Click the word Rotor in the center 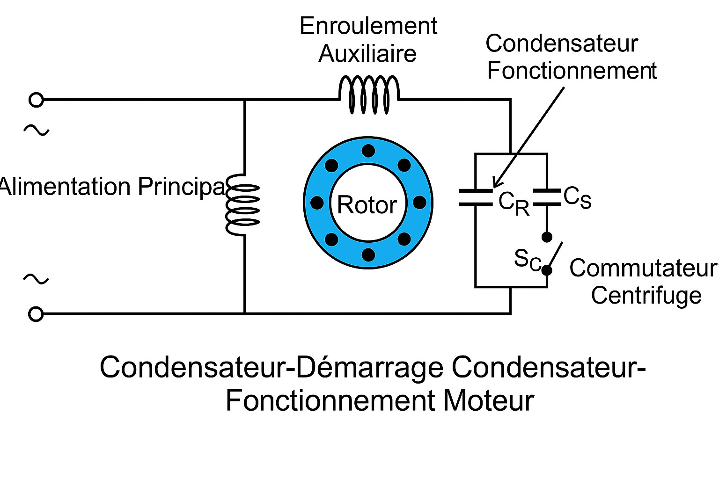pos(367,205)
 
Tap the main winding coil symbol pos(242,205)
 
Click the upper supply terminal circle pos(36,100)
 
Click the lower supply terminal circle pos(36,314)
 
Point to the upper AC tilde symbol pos(36,130)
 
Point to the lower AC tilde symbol pos(36,279)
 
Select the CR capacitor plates pos(476,198)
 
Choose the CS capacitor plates pos(547,197)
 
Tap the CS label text pos(577,197)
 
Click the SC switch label pos(527,259)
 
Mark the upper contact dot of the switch pos(547,237)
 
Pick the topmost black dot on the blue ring pos(368,151)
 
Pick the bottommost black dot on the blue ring pos(368,255)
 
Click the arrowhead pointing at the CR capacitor pos(497,184)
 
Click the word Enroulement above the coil pos(368,26)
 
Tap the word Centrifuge pos(646,296)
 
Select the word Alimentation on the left pos(66,187)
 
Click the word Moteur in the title pos(488,401)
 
